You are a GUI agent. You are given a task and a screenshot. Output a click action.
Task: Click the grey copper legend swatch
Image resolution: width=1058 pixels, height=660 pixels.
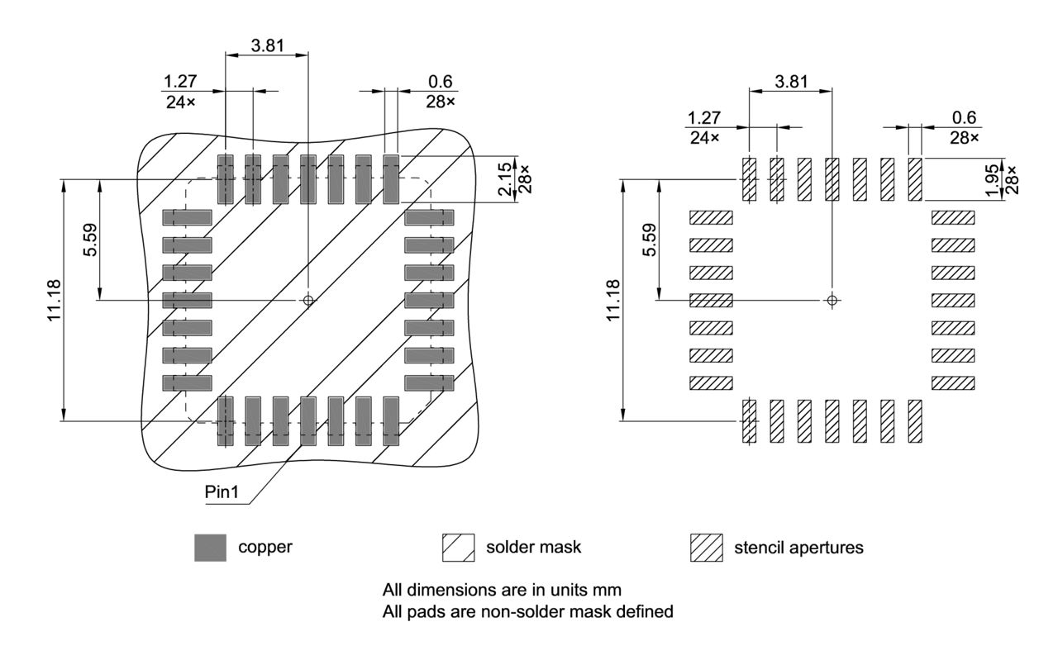(x=210, y=547)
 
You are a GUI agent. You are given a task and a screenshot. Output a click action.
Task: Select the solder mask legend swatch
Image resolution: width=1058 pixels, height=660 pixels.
(x=459, y=547)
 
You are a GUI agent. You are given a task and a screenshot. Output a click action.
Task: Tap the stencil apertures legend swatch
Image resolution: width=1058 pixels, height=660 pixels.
(x=706, y=547)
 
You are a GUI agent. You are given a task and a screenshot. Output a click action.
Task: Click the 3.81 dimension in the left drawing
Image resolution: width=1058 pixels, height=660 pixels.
(x=266, y=45)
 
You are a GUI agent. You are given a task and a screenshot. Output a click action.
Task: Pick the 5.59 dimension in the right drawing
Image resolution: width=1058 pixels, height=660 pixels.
(x=651, y=240)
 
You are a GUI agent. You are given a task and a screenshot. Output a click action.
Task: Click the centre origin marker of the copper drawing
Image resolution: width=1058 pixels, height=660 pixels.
(x=308, y=300)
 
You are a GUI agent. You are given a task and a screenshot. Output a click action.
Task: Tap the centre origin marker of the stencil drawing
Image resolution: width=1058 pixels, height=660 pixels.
(x=832, y=299)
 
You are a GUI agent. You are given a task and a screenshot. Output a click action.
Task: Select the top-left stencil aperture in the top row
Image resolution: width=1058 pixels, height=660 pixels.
(x=749, y=179)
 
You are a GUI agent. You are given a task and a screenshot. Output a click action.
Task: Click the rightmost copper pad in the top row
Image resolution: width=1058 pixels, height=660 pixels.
(x=391, y=178)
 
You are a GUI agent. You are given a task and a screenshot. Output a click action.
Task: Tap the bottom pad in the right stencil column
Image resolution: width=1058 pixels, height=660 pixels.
(x=953, y=383)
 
